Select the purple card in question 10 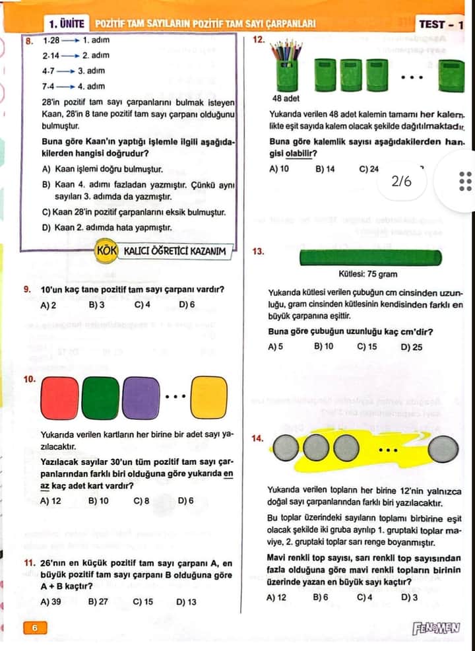(x=141, y=398)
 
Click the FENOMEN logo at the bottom (x=435, y=628)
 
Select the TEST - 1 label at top (x=441, y=24)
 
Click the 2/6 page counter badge (x=402, y=180)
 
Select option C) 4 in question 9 (x=142, y=305)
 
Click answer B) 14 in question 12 (x=325, y=169)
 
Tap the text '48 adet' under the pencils (x=286, y=98)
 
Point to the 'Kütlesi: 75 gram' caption (x=368, y=274)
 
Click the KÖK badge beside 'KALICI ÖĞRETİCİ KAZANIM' (x=106, y=251)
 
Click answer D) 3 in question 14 (x=409, y=598)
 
